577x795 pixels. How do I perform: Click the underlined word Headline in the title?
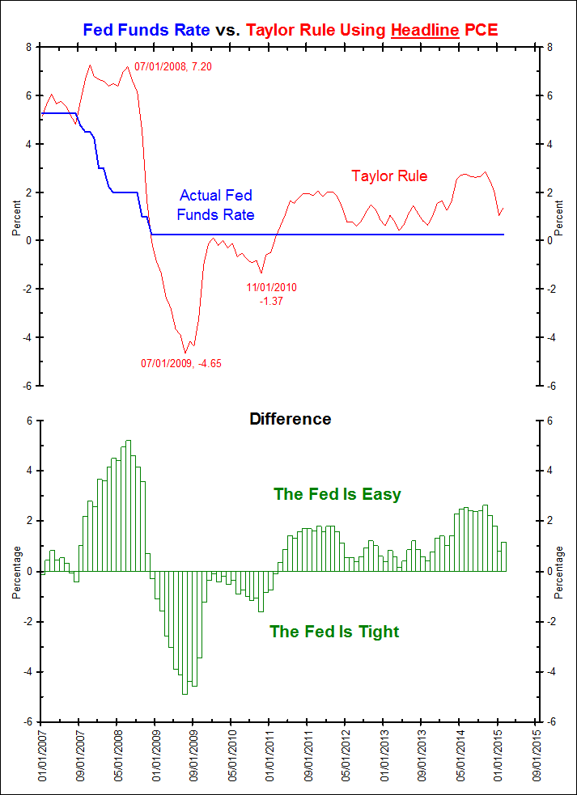click(425, 31)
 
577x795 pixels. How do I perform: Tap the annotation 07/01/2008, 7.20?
click(172, 66)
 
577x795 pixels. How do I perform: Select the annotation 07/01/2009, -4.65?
click(181, 363)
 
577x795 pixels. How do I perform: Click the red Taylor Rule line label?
click(389, 175)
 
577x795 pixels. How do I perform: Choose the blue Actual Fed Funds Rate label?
click(215, 205)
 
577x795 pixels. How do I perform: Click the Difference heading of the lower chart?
click(290, 419)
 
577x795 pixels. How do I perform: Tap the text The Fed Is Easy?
click(337, 493)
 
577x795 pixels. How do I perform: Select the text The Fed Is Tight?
click(334, 632)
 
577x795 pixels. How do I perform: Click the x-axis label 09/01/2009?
click(193, 755)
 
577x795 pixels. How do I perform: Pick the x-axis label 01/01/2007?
click(41, 755)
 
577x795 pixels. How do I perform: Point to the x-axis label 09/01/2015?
click(534, 755)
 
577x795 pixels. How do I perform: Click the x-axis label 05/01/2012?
click(345, 755)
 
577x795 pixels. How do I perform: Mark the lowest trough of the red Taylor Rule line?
click(185, 352)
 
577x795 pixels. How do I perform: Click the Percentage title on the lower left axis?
click(16, 572)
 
